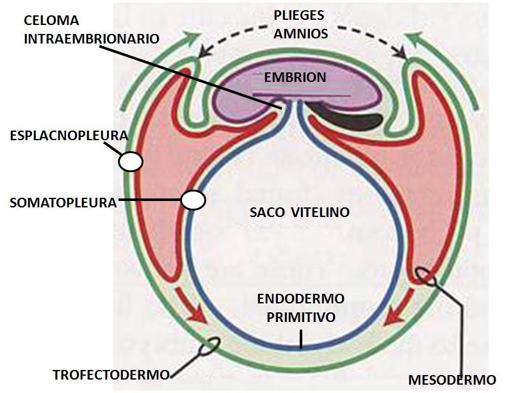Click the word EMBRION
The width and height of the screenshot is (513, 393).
[295, 77]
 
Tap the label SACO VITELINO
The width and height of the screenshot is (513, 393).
[300, 213]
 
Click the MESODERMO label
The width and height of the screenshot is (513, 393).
[453, 380]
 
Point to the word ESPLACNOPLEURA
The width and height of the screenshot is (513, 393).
[69, 136]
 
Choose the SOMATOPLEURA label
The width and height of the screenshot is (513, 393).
[63, 202]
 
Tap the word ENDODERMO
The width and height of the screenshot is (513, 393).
[300, 299]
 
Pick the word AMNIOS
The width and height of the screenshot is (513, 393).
[300, 33]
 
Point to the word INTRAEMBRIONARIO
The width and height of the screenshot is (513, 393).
[92, 38]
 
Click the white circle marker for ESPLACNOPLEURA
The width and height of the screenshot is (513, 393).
[131, 161]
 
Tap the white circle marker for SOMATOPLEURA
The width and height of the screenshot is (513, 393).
[193, 200]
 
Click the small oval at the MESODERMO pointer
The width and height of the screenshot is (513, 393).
[427, 276]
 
